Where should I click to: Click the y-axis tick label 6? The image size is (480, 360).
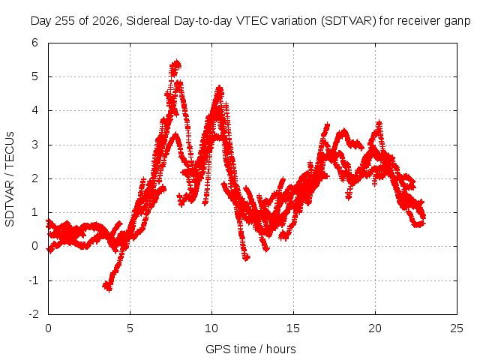point(35,43)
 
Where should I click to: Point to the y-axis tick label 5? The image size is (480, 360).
point(35,76)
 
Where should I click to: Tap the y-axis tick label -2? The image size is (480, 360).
point(34,314)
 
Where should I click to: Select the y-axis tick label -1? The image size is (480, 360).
point(34,280)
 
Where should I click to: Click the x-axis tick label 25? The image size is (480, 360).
point(457,328)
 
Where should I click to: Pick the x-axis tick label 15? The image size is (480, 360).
point(293,328)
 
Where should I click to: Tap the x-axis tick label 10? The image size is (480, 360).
point(211,328)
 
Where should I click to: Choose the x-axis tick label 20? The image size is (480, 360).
point(375,328)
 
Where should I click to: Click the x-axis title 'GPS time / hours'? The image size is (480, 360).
point(250,349)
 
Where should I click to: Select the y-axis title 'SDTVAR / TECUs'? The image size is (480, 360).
point(10,179)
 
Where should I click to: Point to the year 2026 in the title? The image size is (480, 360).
point(106,21)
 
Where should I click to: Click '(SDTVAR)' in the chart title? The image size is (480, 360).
point(348,21)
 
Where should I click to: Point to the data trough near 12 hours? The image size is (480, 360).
point(246,258)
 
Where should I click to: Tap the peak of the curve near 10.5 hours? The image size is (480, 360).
point(219,89)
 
